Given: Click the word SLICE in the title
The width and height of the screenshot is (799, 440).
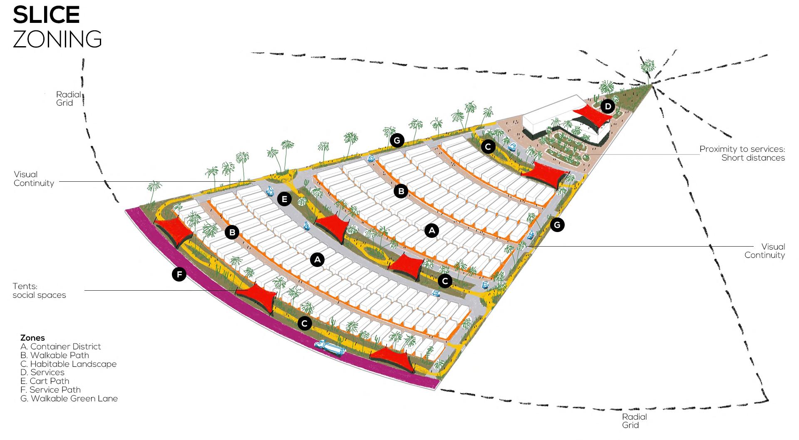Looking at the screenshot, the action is (46, 15).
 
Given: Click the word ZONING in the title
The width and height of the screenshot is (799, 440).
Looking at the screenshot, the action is (57, 40).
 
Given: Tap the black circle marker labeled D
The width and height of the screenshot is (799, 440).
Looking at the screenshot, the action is (608, 107).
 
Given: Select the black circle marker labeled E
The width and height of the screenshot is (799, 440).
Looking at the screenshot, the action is (284, 199).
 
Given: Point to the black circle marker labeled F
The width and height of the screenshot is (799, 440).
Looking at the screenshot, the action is (179, 274).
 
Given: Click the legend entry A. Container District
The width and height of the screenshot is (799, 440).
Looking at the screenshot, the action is (61, 346).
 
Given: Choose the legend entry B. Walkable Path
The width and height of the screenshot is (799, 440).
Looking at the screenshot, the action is (55, 355).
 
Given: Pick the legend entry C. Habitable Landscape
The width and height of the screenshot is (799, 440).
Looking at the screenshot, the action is (68, 364).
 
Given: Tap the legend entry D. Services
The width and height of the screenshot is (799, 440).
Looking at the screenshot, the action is (42, 372).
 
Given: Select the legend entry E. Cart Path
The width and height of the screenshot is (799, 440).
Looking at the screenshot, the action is (45, 381).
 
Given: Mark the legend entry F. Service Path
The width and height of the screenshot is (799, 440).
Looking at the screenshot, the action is (50, 390).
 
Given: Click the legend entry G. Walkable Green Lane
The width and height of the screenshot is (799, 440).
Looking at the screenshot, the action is (69, 398).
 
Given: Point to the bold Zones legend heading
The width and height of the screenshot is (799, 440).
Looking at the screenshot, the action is (32, 338).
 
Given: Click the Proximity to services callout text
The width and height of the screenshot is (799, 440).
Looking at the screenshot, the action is (742, 153).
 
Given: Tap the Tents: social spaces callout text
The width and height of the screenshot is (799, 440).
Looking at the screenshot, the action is (39, 291).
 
